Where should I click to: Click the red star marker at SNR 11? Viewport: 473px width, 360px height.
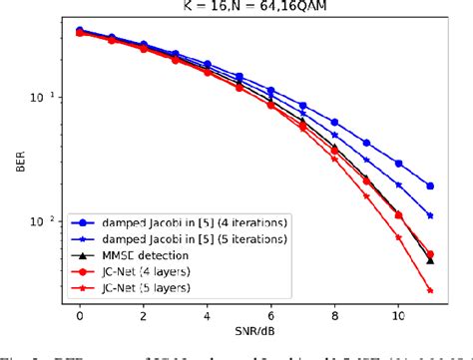pos(430,290)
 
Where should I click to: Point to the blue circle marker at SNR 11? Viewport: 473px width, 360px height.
pos(430,185)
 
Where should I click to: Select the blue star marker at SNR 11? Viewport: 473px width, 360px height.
pos(430,215)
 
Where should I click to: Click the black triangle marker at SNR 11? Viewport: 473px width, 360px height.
pos(430,259)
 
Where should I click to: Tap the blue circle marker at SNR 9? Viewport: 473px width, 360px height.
pos(366,143)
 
